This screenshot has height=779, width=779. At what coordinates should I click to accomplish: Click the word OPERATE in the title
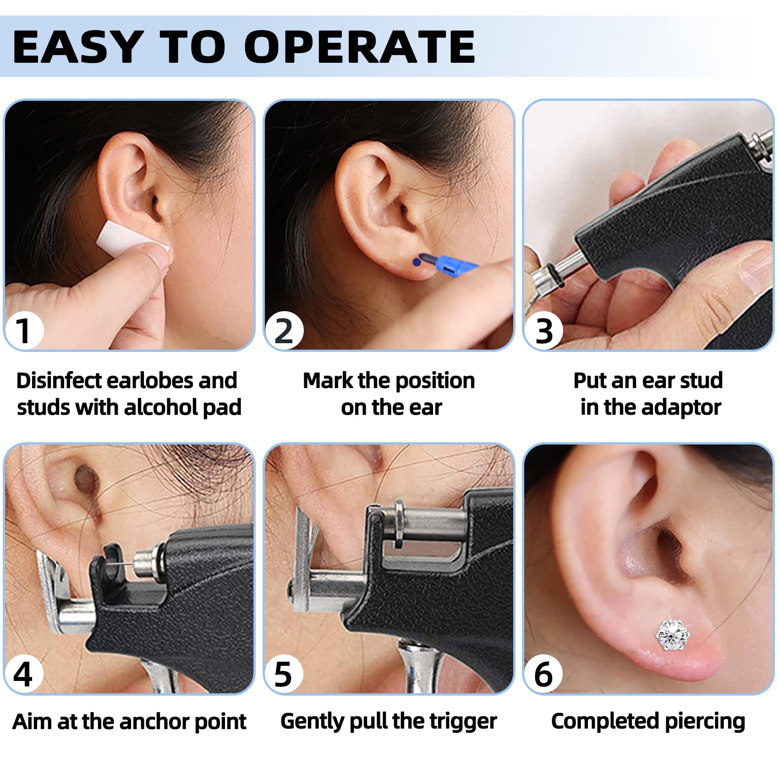point(360,47)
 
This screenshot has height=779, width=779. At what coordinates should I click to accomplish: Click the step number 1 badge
point(24,330)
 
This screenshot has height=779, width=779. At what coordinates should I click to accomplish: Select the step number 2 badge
point(284,330)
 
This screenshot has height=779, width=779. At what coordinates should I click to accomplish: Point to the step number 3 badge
point(544,330)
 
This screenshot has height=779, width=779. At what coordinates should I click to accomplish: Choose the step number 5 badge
point(283,674)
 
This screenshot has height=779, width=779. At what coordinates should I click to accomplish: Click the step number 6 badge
point(543,674)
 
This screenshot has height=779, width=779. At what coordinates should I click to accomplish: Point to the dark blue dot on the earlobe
point(416,262)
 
